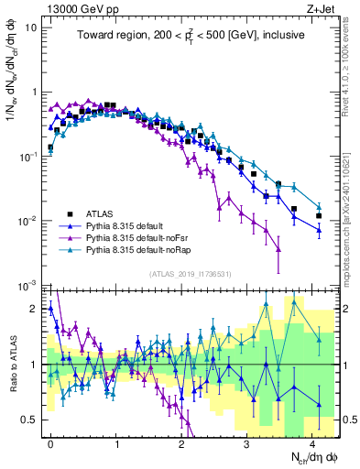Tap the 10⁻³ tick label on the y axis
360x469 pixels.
coord(28,286)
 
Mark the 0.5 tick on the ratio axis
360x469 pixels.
coord(29,420)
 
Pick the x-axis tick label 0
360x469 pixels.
coord(50,442)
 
